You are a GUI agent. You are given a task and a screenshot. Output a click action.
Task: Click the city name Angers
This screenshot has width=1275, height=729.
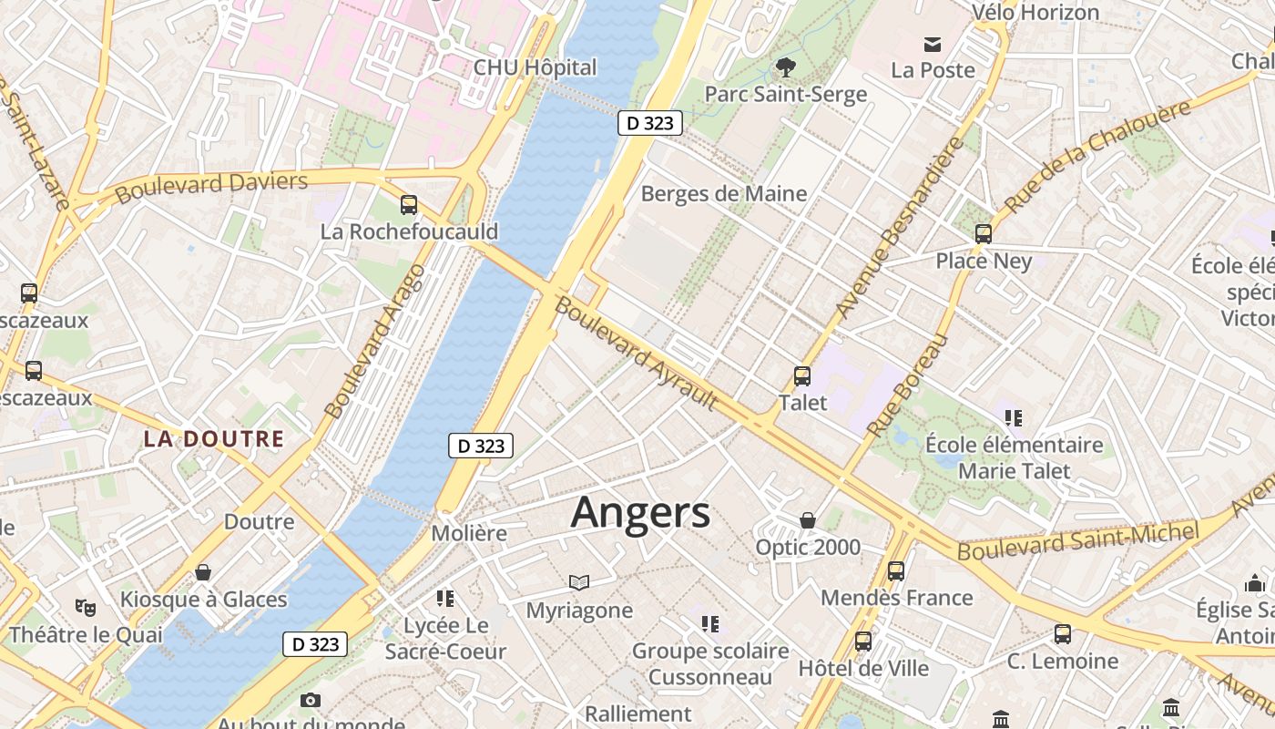(640, 512)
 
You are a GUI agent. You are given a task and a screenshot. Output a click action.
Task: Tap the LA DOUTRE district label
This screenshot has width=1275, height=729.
(214, 438)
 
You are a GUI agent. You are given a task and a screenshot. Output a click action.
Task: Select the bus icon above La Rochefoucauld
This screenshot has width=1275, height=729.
(409, 205)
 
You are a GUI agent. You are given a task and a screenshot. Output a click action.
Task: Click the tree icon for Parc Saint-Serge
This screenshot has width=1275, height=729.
(785, 67)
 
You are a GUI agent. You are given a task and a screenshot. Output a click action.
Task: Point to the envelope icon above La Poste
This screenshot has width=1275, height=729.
(933, 44)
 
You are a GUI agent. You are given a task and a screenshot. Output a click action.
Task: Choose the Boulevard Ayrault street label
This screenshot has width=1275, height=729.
(636, 352)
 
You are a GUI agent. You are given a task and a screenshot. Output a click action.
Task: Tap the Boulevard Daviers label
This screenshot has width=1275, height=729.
(211, 186)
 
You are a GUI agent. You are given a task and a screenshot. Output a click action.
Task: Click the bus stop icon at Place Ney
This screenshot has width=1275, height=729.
(984, 233)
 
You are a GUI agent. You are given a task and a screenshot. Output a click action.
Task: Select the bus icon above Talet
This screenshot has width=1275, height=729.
(802, 375)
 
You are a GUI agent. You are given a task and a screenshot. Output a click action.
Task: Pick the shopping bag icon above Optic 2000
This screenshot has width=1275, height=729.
(808, 520)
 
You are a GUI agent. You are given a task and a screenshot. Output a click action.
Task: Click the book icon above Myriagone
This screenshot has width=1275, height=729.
(579, 582)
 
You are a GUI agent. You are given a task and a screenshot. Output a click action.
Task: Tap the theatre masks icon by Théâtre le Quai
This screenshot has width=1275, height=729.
(86, 607)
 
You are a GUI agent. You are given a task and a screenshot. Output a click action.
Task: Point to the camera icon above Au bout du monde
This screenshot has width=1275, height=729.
(311, 700)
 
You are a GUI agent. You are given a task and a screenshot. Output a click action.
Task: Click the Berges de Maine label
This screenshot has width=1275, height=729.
(724, 193)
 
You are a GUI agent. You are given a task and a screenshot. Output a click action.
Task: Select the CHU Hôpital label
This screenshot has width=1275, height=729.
(535, 67)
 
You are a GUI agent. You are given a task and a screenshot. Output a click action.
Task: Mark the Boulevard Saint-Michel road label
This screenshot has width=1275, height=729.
(1078, 541)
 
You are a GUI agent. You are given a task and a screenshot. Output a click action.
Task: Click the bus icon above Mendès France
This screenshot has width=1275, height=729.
(896, 571)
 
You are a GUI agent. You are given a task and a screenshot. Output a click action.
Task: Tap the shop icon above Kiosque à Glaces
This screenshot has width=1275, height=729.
(203, 572)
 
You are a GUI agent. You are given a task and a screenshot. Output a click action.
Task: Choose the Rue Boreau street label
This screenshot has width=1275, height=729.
(908, 385)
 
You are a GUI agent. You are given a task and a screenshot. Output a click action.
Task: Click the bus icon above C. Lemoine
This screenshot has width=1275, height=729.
(1063, 634)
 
